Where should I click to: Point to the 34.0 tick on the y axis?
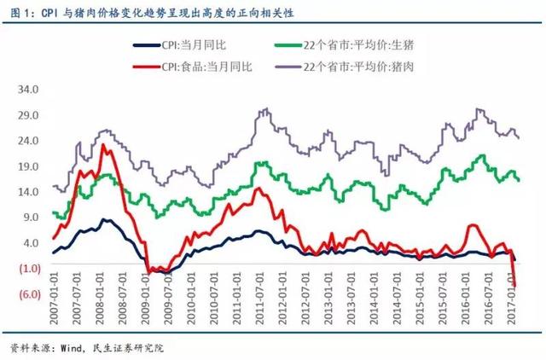coord(29,90)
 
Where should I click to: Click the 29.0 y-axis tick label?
coord(29,115)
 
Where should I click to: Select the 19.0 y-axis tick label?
coord(29,166)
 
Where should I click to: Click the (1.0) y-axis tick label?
coord(29,269)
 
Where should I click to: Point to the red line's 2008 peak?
coord(103,145)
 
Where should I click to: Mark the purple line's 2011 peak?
coord(265,109)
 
